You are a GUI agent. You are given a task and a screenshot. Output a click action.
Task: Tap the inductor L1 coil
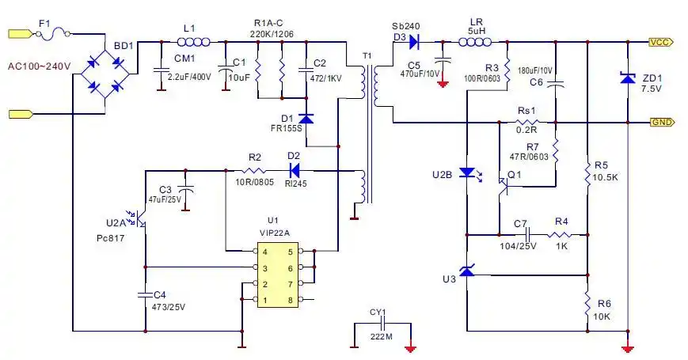pos(193,43)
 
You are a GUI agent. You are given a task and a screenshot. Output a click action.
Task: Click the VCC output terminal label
pos(661,42)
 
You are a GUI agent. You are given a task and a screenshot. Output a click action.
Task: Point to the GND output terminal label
pos(661,123)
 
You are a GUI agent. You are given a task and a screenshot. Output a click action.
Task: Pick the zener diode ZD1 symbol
pos(627,78)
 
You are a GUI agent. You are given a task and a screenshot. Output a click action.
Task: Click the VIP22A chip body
pos(279,275)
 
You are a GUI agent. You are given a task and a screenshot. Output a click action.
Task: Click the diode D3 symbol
pos(413,42)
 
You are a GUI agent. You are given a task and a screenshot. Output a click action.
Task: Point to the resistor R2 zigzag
pos(254,169)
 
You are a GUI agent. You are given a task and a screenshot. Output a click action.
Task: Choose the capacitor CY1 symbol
pos(382,324)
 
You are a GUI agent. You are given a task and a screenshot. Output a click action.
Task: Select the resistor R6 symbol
pos(587,303)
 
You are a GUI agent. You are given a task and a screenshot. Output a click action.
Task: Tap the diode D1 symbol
pos(307,119)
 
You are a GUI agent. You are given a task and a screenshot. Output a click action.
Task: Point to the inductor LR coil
pos(476,42)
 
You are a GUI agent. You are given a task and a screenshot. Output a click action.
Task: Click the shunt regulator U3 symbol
pos(468,272)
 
